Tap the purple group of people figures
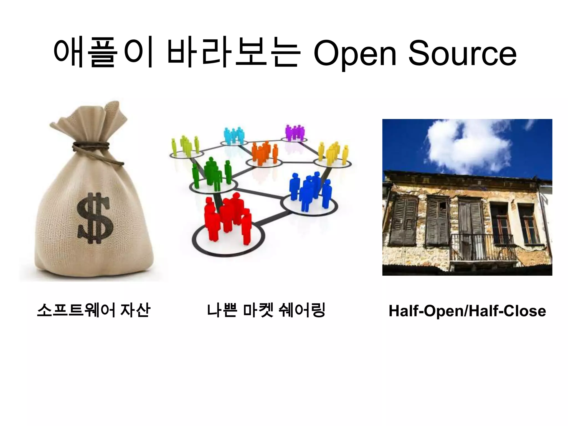click(295, 133)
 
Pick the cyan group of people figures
click(234, 136)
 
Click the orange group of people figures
click(264, 153)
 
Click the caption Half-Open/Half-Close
click(467, 311)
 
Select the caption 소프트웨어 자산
click(94, 310)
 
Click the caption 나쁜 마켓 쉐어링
click(266, 310)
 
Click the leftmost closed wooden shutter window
click(404, 220)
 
